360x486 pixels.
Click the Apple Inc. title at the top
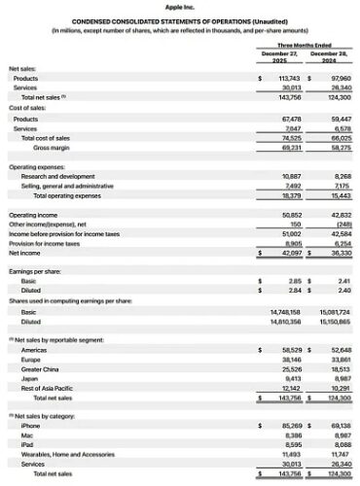pyautogui.click(x=180, y=7)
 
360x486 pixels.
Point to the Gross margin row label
pyautogui.click(x=51, y=147)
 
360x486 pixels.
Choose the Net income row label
pyautogui.click(x=25, y=252)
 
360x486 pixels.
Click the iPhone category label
pyautogui.click(x=30, y=425)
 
